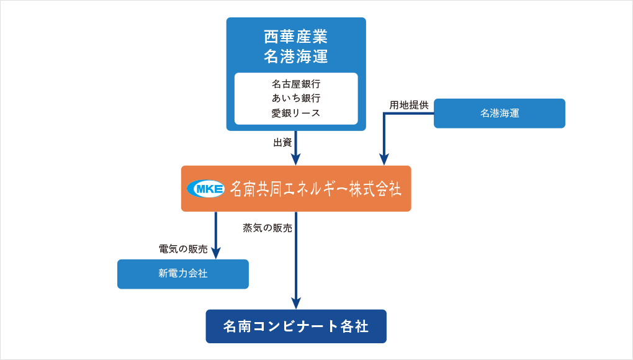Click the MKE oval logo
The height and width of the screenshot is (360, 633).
206,189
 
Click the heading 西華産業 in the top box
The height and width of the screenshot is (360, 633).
296,37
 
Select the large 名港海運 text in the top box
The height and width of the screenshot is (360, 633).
296,56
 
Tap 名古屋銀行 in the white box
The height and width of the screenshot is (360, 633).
296,84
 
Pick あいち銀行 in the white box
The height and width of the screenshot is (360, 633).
296,98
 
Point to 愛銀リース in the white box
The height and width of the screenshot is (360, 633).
296,113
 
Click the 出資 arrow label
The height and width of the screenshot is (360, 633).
282,142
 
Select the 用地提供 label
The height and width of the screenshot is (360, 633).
408,105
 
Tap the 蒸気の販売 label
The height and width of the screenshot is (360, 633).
267,228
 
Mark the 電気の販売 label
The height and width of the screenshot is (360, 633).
183,249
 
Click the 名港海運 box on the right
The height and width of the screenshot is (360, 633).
500,114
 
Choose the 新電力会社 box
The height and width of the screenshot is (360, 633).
183,274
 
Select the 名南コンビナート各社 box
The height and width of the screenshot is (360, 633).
296,326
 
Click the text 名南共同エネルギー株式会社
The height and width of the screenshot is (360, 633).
316,189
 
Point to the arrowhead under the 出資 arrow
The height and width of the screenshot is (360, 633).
296,159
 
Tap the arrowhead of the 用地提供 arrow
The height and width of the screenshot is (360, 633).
384,159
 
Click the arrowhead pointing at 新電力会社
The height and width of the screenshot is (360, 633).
216,253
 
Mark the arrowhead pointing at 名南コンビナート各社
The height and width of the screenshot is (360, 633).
296,303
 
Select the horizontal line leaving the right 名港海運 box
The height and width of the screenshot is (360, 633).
408,114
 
